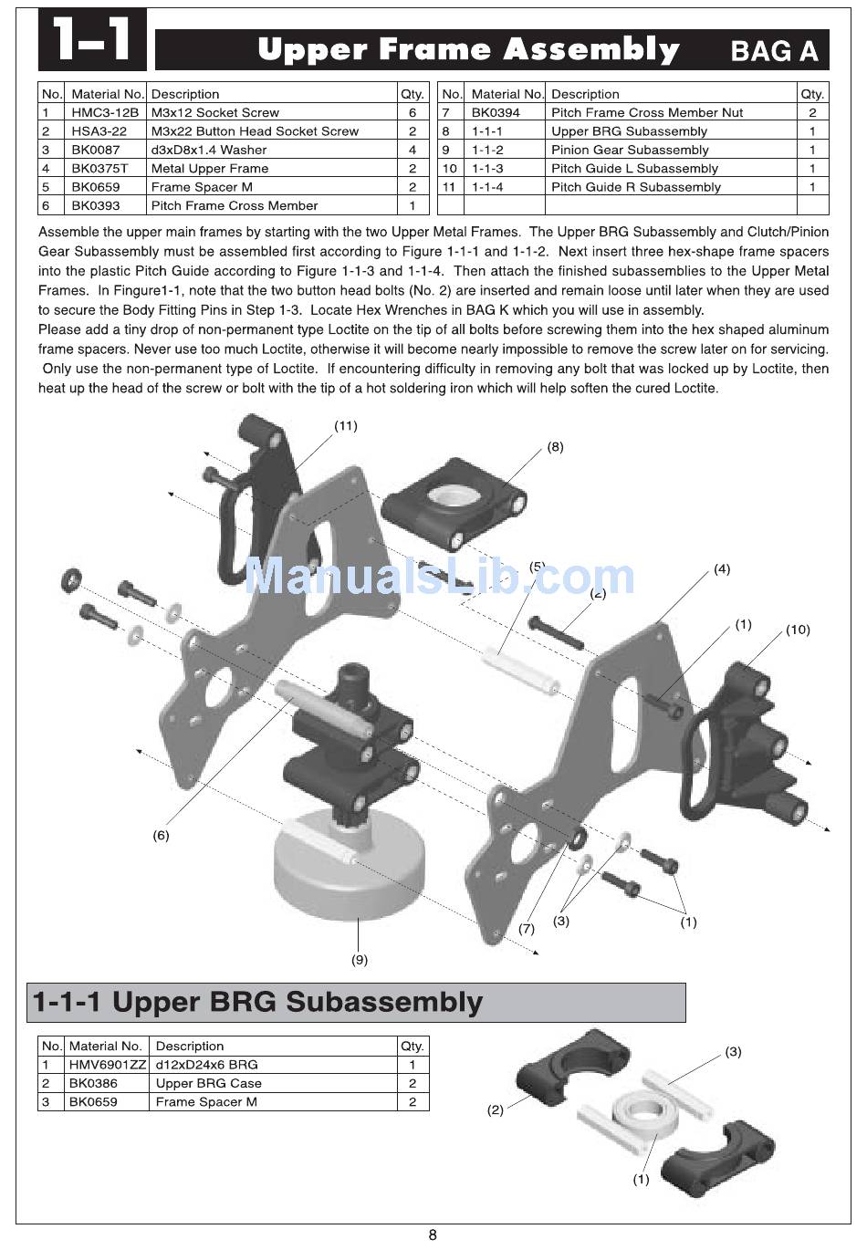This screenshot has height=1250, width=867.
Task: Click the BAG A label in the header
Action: [774, 51]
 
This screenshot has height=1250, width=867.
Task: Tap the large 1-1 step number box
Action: [93, 39]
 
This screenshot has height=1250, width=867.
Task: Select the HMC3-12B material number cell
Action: [105, 113]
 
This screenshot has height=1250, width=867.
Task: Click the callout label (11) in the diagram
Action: [346, 426]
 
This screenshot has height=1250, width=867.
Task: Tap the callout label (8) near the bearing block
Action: [555, 447]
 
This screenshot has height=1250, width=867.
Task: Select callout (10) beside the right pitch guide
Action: [798, 630]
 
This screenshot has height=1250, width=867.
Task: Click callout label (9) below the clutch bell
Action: [359, 960]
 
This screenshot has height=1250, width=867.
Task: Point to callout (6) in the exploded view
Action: [161, 836]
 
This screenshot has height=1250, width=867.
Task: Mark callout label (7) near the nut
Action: [527, 929]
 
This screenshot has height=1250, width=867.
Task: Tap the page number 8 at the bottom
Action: [433, 1234]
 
